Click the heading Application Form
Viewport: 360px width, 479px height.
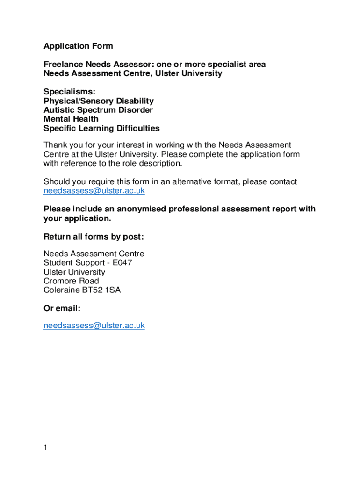78,46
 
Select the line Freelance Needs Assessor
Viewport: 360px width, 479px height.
154,64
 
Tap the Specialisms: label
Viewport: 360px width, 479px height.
69,92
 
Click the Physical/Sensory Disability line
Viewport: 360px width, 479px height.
98,101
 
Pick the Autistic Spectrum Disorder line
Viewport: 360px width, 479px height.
98,110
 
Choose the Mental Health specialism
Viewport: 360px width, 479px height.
71,119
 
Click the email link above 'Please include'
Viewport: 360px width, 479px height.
94,191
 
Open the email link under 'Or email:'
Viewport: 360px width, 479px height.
94,326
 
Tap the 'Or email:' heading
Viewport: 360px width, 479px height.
62,308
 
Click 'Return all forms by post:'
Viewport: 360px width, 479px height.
94,237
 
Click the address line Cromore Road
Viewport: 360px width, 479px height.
71,281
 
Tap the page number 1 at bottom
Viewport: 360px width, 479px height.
45,448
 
